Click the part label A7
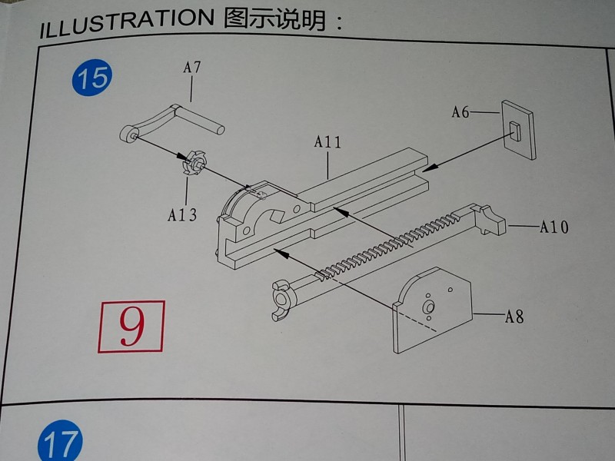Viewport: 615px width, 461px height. pyautogui.click(x=191, y=68)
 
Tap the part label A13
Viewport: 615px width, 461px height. pyautogui.click(x=182, y=215)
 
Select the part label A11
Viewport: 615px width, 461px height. pyautogui.click(x=327, y=141)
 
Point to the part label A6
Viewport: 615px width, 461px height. pyautogui.click(x=460, y=112)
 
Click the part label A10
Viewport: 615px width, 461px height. pyautogui.click(x=553, y=227)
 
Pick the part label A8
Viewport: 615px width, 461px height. pyautogui.click(x=514, y=316)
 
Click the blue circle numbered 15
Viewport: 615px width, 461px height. pyautogui.click(x=91, y=78)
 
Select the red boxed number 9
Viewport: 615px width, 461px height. pyautogui.click(x=131, y=326)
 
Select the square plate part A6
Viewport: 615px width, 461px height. pyautogui.click(x=518, y=130)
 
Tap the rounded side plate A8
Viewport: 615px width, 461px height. pyautogui.click(x=433, y=310)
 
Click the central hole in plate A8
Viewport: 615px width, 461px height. pyautogui.click(x=428, y=307)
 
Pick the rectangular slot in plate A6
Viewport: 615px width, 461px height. pyautogui.click(x=514, y=131)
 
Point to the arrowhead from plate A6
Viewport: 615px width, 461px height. pyautogui.click(x=430, y=167)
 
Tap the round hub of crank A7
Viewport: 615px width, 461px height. pyautogui.click(x=127, y=134)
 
